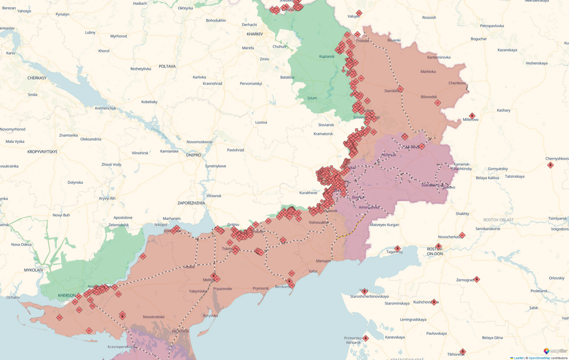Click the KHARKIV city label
[x=255, y=34]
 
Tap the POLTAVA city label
[x=167, y=66]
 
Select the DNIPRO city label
[x=193, y=155]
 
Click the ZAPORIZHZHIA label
[x=191, y=203]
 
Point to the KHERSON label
[x=67, y=296]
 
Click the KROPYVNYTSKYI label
[x=42, y=152]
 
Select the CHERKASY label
[x=37, y=78]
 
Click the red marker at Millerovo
[x=472, y=116]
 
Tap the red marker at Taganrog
[x=397, y=248]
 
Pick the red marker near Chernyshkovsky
[x=550, y=165]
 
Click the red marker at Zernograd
[x=477, y=279]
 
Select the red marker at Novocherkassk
[x=462, y=235]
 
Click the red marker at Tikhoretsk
[x=463, y=352]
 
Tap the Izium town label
[x=312, y=98]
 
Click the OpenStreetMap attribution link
[x=539, y=358]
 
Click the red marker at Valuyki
[x=359, y=13]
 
